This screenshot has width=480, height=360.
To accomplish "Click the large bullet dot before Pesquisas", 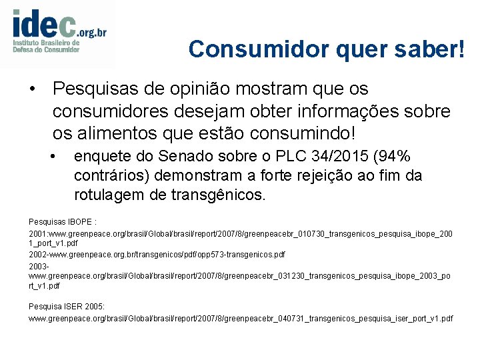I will pyautogui.click(x=31, y=89).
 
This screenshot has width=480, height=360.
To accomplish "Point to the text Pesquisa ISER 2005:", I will pyautogui.click(x=67, y=306).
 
